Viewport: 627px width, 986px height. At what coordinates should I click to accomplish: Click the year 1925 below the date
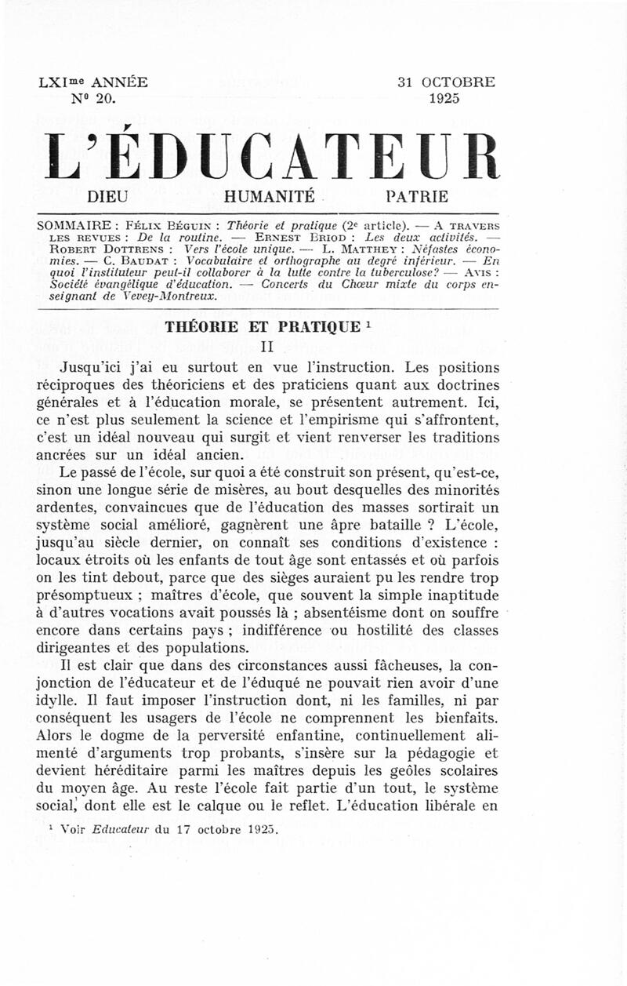pos(444,99)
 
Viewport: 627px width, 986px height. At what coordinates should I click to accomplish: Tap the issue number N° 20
pos(93,99)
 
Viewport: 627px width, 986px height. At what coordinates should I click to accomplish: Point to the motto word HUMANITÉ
pos(269,196)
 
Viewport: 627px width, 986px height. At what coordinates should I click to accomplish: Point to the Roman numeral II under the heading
pos(266,346)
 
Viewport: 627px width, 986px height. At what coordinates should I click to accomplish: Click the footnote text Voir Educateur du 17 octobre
pos(170,828)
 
